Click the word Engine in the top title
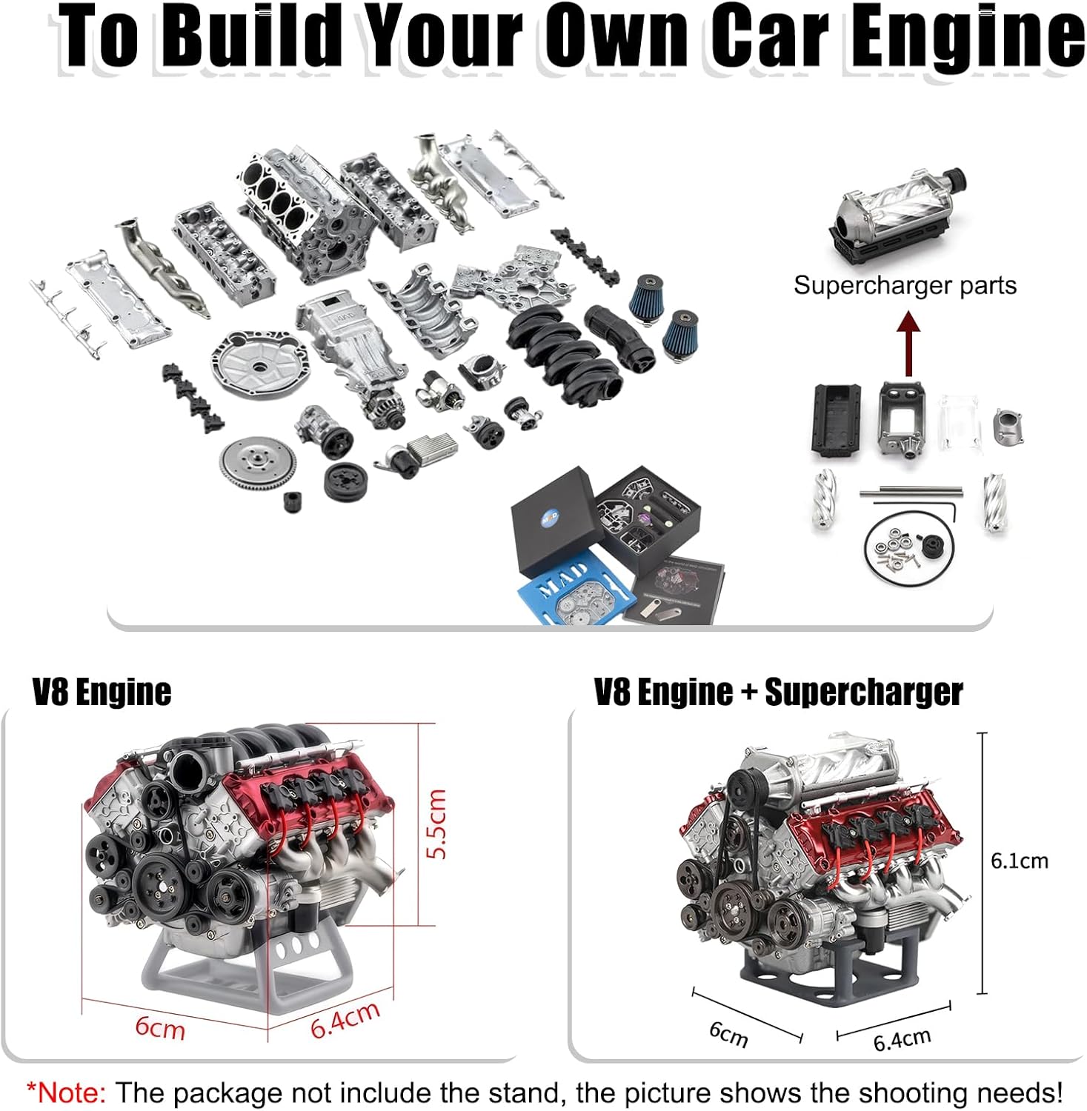(967, 36)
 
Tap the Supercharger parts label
(904, 285)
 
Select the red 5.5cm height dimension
(437, 824)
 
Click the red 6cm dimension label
(159, 1028)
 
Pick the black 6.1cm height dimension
(1019, 861)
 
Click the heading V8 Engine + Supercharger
(778, 693)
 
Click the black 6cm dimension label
(728, 1033)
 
